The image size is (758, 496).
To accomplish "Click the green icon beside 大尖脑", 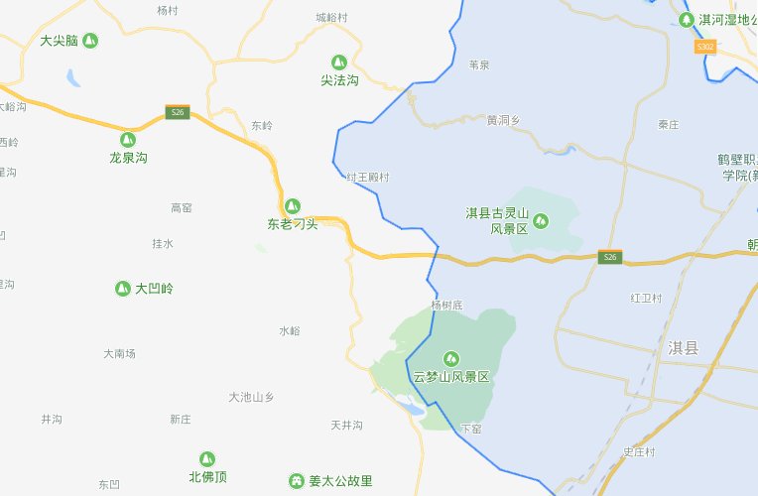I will [90, 41].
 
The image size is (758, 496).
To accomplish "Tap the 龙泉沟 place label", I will [128, 157].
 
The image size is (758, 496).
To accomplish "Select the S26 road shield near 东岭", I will [177, 112].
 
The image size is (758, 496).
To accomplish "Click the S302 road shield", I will [705, 47].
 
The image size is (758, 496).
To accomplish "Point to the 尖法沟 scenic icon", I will [339, 62].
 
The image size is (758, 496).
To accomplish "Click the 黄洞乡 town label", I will [503, 120].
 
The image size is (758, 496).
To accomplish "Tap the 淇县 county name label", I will [684, 347].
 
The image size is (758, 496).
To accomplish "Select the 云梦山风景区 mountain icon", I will [452, 358].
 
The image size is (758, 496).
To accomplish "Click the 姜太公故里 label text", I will [340, 481].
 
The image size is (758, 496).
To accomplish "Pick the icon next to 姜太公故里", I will [296, 481].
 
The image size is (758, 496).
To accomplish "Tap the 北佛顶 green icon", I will [207, 458].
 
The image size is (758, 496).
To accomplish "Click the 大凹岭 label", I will [154, 289].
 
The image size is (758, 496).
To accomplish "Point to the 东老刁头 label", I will [293, 224].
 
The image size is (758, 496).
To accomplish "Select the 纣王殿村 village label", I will [368, 177].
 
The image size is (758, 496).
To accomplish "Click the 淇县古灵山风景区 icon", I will [542, 219].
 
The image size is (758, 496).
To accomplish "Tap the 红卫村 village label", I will [645, 298].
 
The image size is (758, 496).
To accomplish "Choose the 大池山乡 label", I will [251, 397].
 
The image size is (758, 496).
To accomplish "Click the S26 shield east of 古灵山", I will [611, 258].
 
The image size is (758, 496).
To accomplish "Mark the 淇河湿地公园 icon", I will [687, 19].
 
